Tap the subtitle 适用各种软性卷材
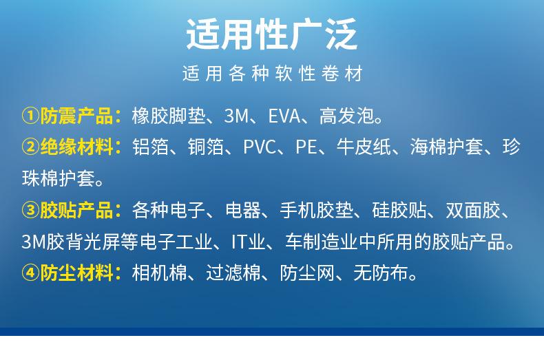tap(273, 73)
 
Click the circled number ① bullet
tap(30, 116)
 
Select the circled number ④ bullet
tap(30, 273)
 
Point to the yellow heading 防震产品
tap(76, 116)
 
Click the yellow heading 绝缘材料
tap(76, 147)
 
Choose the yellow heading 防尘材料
tap(76, 273)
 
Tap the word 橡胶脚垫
tap(169, 116)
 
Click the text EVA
tap(284, 116)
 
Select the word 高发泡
tap(346, 116)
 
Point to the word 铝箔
tap(151, 147)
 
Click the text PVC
tap(260, 147)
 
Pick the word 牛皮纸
tap(364, 147)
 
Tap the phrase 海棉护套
tap(446, 147)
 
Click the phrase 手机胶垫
tap(316, 210)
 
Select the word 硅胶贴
tap(399, 210)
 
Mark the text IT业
tap(248, 242)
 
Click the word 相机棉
tap(160, 273)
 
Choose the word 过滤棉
tap(233, 273)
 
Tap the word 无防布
tap(381, 273)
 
